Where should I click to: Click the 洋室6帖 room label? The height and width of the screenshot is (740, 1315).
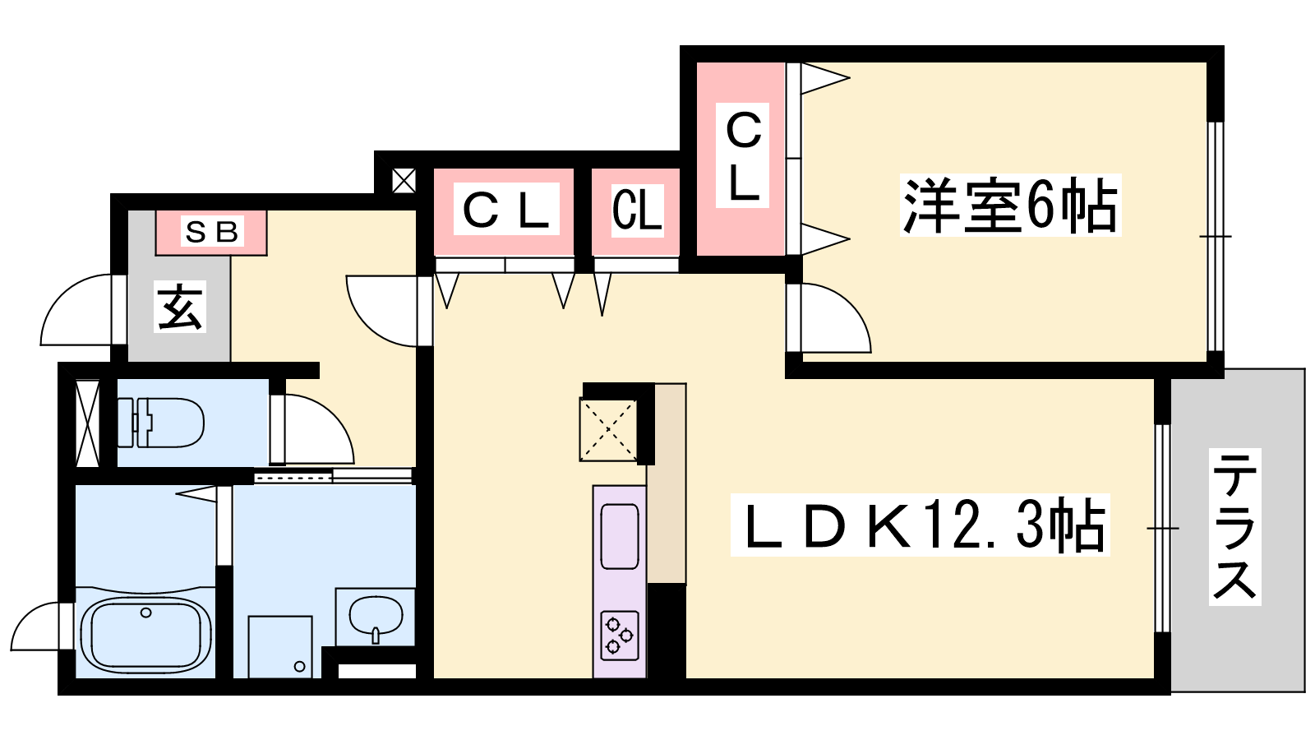click(x=1010, y=206)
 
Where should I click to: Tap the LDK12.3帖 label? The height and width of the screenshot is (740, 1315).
click(x=920, y=525)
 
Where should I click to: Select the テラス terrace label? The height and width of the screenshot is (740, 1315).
click(x=1234, y=526)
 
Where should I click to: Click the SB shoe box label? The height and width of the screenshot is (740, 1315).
click(x=211, y=232)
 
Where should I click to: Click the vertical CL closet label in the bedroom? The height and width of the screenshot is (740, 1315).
click(x=743, y=156)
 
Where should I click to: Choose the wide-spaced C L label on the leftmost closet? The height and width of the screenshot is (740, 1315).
click(x=505, y=210)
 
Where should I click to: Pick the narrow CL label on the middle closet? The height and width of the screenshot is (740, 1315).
click(x=637, y=210)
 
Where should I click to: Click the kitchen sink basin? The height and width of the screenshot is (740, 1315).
click(x=620, y=536)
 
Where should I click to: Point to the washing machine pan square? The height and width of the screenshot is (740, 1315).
click(x=280, y=647)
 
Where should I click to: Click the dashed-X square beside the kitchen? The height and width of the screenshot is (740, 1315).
click(x=608, y=429)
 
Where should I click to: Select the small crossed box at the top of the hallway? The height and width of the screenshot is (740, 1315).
click(x=404, y=181)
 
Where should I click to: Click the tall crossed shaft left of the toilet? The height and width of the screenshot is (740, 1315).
click(x=87, y=423)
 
